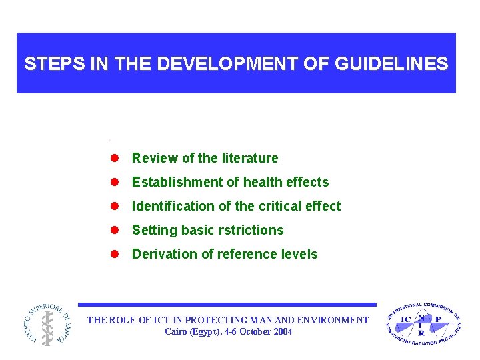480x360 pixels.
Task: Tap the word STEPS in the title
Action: (51, 64)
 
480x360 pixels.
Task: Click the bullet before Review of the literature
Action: (114, 158)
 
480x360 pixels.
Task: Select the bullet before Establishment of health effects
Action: (114, 182)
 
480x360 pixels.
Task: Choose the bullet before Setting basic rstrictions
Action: (114, 230)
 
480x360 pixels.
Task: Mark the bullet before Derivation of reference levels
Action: (114, 254)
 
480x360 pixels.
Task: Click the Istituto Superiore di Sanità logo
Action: (46, 323)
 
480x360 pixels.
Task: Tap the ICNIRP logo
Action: (423, 324)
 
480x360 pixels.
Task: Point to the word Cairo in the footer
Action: (177, 331)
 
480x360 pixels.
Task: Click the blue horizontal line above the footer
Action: (227, 305)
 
